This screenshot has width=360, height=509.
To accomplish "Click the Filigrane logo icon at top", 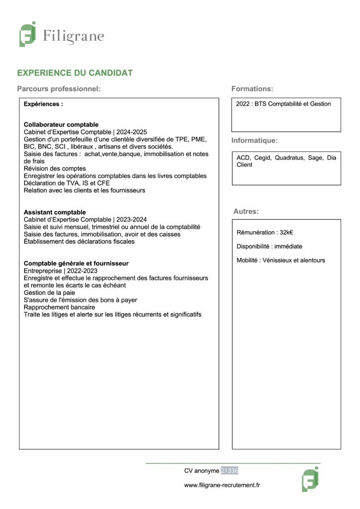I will tap(27, 34).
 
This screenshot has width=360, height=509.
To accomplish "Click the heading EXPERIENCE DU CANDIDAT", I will tap(75, 73).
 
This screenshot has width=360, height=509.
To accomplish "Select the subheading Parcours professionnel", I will tap(59, 89).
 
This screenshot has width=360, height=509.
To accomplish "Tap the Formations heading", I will tap(252, 89).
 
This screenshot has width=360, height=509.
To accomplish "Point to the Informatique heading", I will tap(254, 141).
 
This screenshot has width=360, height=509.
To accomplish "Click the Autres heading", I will tap(246, 212).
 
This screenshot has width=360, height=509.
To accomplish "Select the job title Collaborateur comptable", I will tap(61, 124).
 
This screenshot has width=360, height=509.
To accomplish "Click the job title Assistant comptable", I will tap(55, 212).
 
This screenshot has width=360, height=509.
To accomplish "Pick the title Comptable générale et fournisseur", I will tap(76, 263).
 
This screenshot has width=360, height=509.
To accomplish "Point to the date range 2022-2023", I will tap(82, 270).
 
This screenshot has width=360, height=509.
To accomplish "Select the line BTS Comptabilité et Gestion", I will tap(293, 104).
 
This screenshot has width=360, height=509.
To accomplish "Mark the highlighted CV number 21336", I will tap(229, 470).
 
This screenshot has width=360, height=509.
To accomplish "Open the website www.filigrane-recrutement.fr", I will tap(222, 485).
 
